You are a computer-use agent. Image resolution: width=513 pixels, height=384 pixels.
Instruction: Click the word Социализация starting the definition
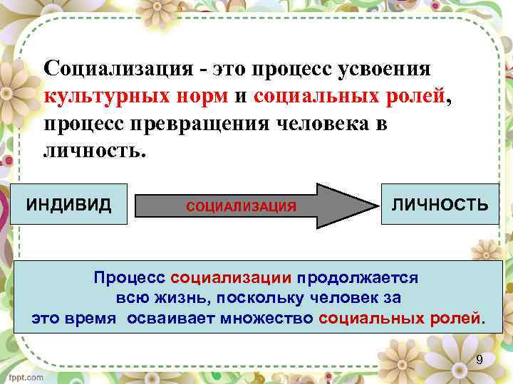point(115,69)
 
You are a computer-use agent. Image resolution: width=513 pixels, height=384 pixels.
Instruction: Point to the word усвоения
point(388,69)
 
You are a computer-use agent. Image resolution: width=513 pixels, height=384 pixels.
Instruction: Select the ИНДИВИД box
point(68,205)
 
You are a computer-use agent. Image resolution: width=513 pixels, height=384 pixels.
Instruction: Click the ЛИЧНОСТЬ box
point(440,205)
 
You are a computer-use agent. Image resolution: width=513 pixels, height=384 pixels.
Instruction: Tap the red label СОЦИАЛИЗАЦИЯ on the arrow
point(241,207)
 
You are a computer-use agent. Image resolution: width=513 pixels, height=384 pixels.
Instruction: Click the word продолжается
point(358,277)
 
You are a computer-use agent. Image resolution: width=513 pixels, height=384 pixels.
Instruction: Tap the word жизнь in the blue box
point(180,297)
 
